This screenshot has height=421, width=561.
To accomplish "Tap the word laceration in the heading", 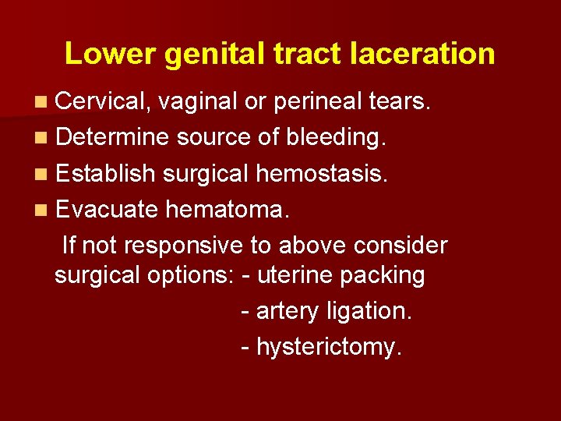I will coord(423,54).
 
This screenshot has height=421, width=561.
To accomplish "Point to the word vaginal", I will coord(199,102).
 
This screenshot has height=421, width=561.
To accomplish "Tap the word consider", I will coord(400,245).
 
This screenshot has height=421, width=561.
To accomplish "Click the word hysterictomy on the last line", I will coord(330,347).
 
